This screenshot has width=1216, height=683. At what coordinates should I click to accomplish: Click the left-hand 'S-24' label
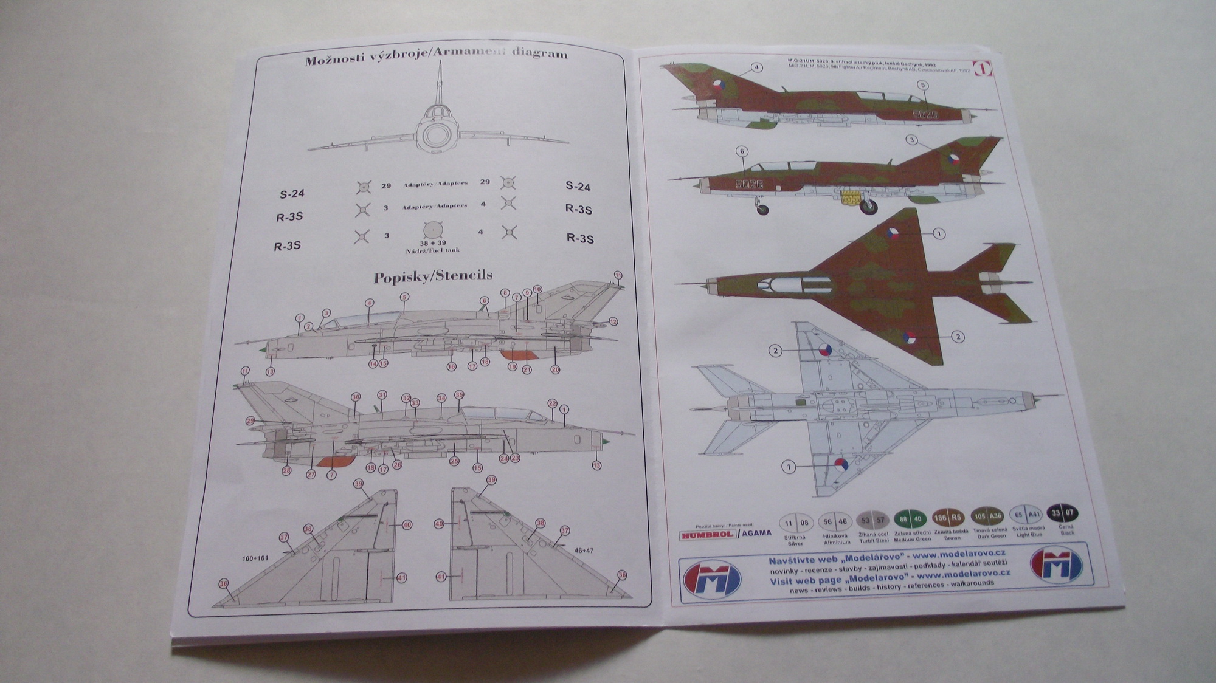click(x=292, y=194)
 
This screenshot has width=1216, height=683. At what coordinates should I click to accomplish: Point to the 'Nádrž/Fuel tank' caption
click(x=432, y=250)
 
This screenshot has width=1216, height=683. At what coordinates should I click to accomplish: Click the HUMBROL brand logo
click(x=707, y=534)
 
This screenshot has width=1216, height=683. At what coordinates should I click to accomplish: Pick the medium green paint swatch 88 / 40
click(x=910, y=518)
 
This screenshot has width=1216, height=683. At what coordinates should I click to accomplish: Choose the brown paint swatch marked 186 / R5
click(x=948, y=517)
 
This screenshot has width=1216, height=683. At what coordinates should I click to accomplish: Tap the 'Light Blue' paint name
click(x=1028, y=535)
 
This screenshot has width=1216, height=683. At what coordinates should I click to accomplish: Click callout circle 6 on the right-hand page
click(x=741, y=151)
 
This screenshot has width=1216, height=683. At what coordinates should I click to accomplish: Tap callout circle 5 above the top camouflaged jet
click(x=922, y=86)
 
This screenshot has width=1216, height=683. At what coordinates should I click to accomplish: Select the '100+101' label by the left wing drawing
click(x=255, y=558)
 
